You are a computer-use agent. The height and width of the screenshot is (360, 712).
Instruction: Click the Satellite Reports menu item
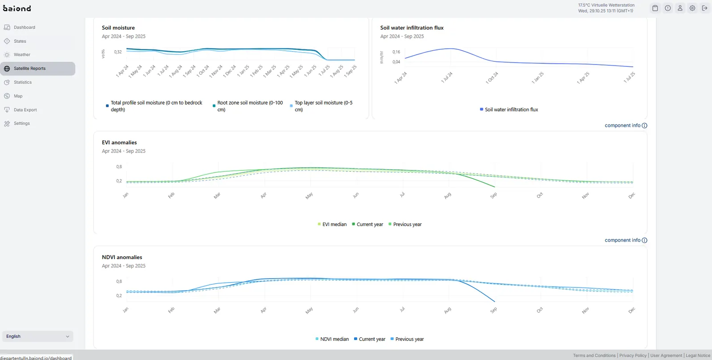tap(37, 69)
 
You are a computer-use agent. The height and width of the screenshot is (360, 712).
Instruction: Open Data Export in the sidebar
tap(25, 110)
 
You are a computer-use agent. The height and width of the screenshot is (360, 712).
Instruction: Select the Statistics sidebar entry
tap(23, 82)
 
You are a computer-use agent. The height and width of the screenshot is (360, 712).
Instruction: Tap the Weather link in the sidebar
tap(22, 55)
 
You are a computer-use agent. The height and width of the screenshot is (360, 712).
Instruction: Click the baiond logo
tap(17, 8)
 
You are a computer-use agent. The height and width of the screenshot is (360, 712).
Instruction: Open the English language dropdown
tap(37, 336)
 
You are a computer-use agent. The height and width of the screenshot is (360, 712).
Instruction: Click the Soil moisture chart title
tap(118, 28)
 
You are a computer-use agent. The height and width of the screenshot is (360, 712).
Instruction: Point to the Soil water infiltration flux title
tap(412, 28)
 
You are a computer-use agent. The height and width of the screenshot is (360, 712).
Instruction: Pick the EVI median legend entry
tap(332, 224)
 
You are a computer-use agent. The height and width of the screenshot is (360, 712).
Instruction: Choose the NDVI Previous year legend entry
tap(407, 339)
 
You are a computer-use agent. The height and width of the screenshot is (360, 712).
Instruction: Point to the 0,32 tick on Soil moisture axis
tap(117, 52)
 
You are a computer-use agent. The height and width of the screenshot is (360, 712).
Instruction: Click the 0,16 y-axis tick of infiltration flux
tap(396, 52)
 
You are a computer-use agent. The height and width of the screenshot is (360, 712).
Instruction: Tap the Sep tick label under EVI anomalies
tap(494, 195)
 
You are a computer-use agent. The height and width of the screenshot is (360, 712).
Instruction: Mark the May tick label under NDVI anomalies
tap(309, 310)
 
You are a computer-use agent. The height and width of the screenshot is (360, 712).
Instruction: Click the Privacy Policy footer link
tap(632, 356)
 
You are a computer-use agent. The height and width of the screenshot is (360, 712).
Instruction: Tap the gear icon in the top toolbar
tap(692, 8)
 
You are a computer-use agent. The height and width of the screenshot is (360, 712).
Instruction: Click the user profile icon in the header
tap(680, 8)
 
